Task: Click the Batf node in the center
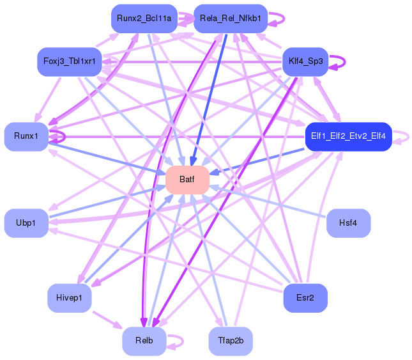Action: pos(187,180)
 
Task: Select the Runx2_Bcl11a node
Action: pos(144,19)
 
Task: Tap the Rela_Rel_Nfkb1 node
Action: pos(230,19)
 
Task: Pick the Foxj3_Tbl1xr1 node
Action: pos(70,61)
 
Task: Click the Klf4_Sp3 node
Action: pos(305,61)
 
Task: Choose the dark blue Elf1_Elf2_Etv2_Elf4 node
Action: pos(347,136)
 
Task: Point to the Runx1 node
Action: pos(26,136)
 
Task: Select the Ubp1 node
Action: pos(26,223)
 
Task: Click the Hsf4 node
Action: pos(348,223)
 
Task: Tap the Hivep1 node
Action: pos(69,298)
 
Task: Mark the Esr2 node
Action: pos(305,298)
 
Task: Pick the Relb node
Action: pos(144,341)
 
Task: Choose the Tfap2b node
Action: pos(231,341)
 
